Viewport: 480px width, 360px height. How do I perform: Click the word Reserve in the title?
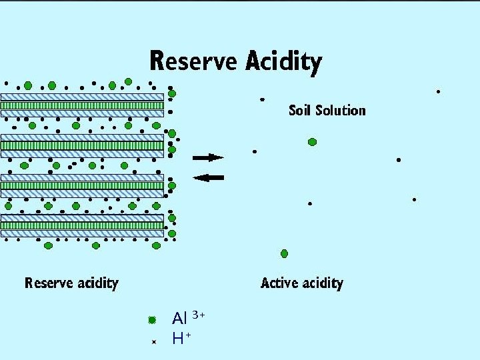coord(193,61)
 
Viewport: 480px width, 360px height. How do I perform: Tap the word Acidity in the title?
coord(283,63)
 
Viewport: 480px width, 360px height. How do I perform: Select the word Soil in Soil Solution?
coord(299,110)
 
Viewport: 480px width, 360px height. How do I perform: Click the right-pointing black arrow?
coord(208,157)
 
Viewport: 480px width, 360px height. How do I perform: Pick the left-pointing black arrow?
coord(208,177)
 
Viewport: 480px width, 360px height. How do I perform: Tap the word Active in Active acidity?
coord(281,283)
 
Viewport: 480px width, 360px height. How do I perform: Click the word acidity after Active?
coord(323,283)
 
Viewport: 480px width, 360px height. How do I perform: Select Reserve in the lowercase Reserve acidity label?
coord(49,283)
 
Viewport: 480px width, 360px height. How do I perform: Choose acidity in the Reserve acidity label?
coord(97,283)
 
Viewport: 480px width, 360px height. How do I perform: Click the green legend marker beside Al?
coord(152,320)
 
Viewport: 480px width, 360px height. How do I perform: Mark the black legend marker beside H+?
coord(153,341)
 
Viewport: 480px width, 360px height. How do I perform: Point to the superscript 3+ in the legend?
coord(198,313)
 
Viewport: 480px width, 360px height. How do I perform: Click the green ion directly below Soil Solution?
coord(312,141)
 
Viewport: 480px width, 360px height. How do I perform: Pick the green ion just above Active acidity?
coord(285,253)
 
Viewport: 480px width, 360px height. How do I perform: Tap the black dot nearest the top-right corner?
coord(438,91)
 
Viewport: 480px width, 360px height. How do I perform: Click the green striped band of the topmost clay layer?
coord(82,105)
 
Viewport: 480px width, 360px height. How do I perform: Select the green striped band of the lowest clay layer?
coord(82,225)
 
